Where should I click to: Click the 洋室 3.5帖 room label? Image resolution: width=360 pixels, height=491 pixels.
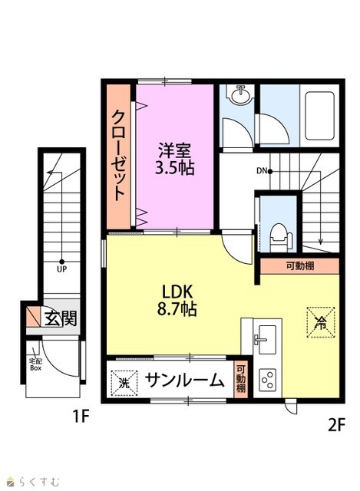pyautogui.click(x=175, y=159)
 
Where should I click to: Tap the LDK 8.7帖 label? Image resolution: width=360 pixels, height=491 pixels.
pyautogui.click(x=177, y=300)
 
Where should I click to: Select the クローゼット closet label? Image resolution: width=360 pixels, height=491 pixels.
pyautogui.click(x=119, y=155)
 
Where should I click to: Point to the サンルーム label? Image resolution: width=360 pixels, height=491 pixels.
pyautogui.click(x=185, y=381)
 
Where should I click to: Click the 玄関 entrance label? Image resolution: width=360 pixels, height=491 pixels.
pyautogui.click(x=61, y=318)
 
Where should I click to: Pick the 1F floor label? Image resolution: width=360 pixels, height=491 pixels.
pyautogui.click(x=81, y=417)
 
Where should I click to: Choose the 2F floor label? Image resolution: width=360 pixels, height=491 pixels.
pyautogui.click(x=336, y=425)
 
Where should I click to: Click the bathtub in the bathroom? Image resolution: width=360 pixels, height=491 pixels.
pyautogui.click(x=319, y=116)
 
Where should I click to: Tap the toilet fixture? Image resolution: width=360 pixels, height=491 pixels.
pyautogui.click(x=278, y=237)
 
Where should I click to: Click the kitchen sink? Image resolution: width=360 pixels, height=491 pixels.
pyautogui.click(x=266, y=339)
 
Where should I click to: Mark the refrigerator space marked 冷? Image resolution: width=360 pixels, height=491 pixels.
pyautogui.click(x=321, y=322)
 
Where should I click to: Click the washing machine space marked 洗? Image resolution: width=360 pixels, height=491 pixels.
pyautogui.click(x=124, y=383)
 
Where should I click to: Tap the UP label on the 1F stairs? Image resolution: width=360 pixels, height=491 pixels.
pyautogui.click(x=61, y=269)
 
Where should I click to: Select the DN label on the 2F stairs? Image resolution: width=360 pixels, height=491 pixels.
pyautogui.click(x=262, y=171)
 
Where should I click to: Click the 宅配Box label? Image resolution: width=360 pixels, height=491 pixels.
pyautogui.click(x=35, y=364)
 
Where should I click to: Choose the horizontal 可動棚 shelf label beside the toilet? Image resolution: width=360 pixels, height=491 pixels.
pyautogui.click(x=300, y=266)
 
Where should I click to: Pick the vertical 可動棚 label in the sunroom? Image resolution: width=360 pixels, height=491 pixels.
pyautogui.click(x=240, y=379)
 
